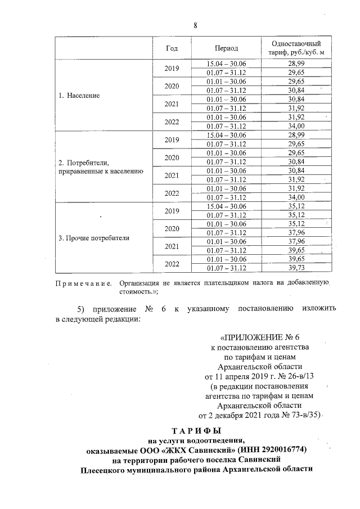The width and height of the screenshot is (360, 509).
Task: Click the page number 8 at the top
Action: (195, 25)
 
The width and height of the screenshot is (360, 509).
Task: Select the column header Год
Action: (172, 48)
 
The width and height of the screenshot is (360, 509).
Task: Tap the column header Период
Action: (226, 48)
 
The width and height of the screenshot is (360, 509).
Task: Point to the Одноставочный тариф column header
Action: (296, 48)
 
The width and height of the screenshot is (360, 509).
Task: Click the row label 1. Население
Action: (79, 96)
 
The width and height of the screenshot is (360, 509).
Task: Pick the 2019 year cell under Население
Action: (172, 69)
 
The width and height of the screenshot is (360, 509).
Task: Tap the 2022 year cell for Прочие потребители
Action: (172, 264)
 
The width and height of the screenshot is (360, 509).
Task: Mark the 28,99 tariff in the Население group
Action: (296, 65)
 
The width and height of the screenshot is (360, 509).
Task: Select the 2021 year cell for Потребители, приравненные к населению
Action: (172, 175)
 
